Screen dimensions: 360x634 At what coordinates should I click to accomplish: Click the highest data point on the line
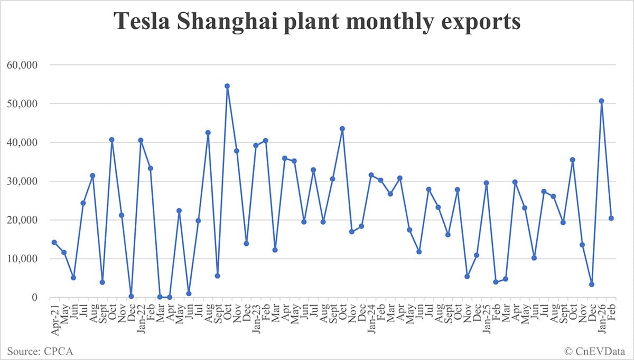pyautogui.click(x=227, y=86)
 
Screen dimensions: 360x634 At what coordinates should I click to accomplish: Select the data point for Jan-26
pyautogui.click(x=601, y=101)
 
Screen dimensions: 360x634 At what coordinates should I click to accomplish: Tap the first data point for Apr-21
pyautogui.click(x=54, y=242)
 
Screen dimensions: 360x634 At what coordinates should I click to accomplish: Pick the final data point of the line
pyautogui.click(x=611, y=218)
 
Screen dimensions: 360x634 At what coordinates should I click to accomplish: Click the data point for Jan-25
pyautogui.click(x=486, y=183)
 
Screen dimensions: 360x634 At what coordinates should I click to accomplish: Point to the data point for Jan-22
pyautogui.click(x=141, y=140)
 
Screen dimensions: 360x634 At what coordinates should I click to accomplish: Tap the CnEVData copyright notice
pyautogui.click(x=595, y=350)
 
